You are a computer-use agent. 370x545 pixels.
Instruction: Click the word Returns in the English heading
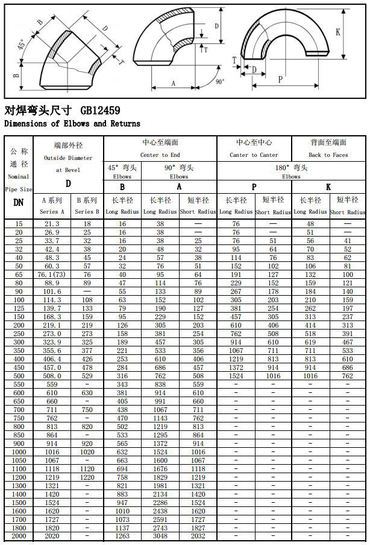[123, 124]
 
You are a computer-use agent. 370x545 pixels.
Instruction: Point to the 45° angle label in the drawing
[21, 46]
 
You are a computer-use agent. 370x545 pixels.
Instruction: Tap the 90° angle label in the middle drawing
[219, 81]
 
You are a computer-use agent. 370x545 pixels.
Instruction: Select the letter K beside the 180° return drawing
[339, 32]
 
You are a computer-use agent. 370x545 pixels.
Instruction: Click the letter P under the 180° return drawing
[281, 79]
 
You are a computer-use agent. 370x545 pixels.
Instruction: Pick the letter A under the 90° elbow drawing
[173, 84]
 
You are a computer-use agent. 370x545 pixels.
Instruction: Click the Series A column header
[52, 212]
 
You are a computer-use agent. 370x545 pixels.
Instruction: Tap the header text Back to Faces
[328, 155]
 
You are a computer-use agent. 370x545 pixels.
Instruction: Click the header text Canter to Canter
[254, 155]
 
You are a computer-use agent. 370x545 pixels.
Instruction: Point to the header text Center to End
[160, 155]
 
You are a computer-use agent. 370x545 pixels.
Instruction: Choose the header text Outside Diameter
[68, 158]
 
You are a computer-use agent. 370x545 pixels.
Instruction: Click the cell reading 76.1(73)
[52, 275]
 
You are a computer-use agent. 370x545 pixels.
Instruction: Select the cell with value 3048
[160, 536]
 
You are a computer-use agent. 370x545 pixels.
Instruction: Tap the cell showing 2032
[198, 536]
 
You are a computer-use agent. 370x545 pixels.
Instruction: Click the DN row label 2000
[19, 536]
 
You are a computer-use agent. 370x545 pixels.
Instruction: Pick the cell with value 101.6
[52, 292]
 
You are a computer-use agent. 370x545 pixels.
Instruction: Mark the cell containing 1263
[122, 536]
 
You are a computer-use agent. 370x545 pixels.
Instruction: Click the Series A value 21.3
[52, 224]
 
